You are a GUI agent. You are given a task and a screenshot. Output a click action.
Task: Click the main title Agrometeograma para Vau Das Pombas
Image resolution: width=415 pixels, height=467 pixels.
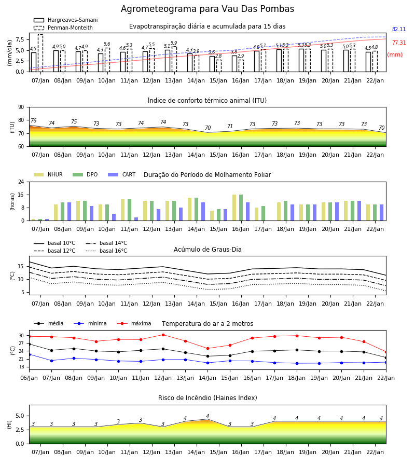click(207, 9)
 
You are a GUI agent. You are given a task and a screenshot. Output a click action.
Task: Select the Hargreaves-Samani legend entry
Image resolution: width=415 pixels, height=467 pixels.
click(65, 20)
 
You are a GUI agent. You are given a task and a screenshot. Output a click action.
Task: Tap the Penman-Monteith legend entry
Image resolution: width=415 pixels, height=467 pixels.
click(63, 28)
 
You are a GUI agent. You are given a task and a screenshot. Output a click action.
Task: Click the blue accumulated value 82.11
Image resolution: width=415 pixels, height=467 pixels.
click(399, 29)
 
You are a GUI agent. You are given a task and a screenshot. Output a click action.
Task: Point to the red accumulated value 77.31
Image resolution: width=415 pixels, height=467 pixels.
click(399, 43)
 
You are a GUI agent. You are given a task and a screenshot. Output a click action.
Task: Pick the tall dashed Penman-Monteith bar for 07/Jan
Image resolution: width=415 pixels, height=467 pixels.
click(40, 53)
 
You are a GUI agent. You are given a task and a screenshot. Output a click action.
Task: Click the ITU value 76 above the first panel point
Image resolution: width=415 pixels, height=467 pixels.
click(33, 120)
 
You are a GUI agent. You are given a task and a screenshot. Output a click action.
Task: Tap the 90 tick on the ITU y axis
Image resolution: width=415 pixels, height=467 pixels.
click(21, 107)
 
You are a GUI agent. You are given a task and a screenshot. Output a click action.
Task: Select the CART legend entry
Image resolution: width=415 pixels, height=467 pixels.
click(122, 174)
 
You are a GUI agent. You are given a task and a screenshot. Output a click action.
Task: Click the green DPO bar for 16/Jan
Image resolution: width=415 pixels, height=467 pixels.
click(241, 208)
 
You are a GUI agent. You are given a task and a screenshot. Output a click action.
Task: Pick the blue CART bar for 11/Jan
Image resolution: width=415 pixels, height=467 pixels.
click(136, 219)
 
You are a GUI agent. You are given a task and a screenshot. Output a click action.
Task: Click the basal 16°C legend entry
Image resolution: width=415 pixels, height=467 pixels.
click(106, 251)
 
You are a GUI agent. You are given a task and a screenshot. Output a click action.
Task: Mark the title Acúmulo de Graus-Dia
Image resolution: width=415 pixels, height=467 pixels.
click(208, 250)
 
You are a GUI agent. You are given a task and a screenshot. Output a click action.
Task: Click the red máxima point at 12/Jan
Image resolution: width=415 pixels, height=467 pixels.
click(163, 335)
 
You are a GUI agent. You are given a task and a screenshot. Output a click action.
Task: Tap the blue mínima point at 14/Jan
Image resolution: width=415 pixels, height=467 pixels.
click(208, 363)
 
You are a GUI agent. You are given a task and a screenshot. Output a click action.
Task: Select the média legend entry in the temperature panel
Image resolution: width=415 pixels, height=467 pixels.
click(49, 323)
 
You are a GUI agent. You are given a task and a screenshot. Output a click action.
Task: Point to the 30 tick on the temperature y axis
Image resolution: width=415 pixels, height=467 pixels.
click(21, 336)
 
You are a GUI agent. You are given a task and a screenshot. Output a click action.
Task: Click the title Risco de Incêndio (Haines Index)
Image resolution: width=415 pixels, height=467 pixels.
click(208, 398)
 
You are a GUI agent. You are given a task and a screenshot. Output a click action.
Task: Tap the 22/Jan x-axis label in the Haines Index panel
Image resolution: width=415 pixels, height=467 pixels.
click(375, 452)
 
